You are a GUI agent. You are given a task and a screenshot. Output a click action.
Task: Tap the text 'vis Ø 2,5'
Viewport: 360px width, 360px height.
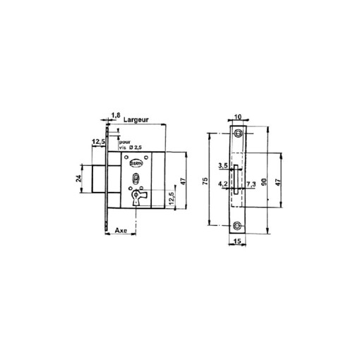[x=129, y=148]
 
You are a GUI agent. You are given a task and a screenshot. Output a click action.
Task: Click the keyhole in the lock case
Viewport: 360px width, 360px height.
[x=137, y=197]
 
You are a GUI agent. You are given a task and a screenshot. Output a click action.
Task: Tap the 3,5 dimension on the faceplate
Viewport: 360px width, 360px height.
[x=222, y=166]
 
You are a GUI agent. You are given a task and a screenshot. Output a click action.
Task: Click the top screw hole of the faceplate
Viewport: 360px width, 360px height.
[x=239, y=133]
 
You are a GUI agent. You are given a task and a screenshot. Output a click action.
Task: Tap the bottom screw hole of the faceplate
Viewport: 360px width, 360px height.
[x=239, y=226]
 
